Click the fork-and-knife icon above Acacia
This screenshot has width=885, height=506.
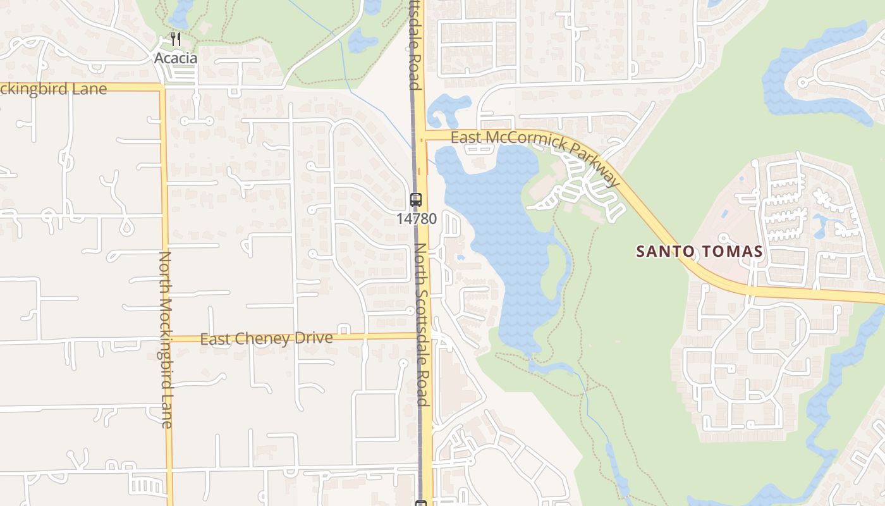pyautogui.click(x=176, y=40)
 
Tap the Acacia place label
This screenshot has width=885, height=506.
pyautogui.click(x=176, y=58)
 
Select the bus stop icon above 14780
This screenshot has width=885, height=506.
pyautogui.click(x=416, y=200)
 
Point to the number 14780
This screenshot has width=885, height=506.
pyautogui.click(x=417, y=219)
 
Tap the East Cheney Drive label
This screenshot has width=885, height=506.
pyautogui.click(x=266, y=338)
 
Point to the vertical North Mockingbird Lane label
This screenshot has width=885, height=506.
pyautogui.click(x=166, y=340)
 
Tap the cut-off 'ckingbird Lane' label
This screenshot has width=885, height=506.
pyautogui.click(x=53, y=89)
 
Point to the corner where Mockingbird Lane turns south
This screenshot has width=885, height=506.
pyautogui.click(x=162, y=88)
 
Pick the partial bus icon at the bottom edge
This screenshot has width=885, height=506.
pyautogui.click(x=421, y=503)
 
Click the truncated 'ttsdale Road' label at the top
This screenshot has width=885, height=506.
pyautogui.click(x=415, y=44)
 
